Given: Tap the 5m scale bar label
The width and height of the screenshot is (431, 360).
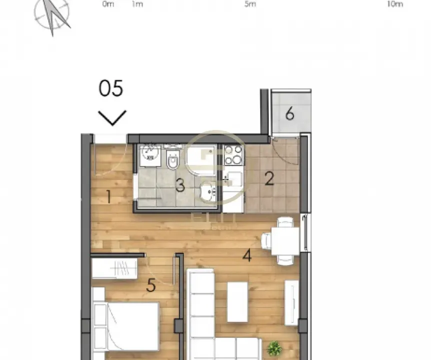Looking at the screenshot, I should coord(250,4).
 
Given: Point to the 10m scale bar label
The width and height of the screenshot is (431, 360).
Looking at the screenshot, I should coord(394,4).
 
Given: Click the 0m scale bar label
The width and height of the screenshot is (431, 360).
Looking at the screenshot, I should coord(108,4).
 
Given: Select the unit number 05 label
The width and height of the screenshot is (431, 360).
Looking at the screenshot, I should coord(111,88).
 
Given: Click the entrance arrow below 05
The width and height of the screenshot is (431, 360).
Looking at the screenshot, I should coord(112,118).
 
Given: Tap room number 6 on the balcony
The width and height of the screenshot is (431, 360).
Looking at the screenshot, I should coord(289,114).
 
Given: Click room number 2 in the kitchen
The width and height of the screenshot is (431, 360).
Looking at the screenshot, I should coord(269,179).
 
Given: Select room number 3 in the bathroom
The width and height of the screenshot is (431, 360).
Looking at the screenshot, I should coord(180,186).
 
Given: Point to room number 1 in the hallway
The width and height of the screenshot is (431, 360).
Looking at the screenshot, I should coord(108,197).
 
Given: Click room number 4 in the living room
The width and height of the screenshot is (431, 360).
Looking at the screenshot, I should coord(246,256).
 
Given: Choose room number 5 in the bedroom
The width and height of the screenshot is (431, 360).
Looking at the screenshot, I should coord(151,286).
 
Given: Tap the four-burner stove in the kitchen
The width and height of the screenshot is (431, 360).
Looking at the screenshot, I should coord(233,155).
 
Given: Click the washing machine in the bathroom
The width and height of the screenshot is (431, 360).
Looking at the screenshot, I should coord(150,155).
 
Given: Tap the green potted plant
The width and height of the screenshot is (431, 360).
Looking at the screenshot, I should coord(273,348).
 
